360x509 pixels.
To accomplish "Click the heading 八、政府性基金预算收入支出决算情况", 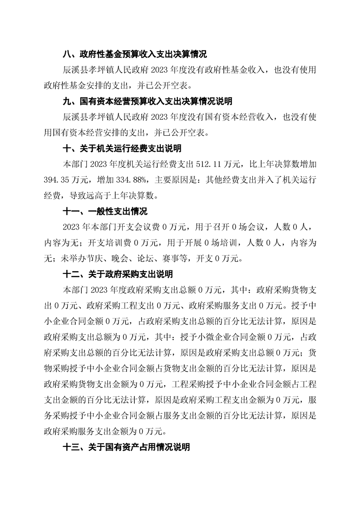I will pos(134,55).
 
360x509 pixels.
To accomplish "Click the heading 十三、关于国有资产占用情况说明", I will pos(126,447).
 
